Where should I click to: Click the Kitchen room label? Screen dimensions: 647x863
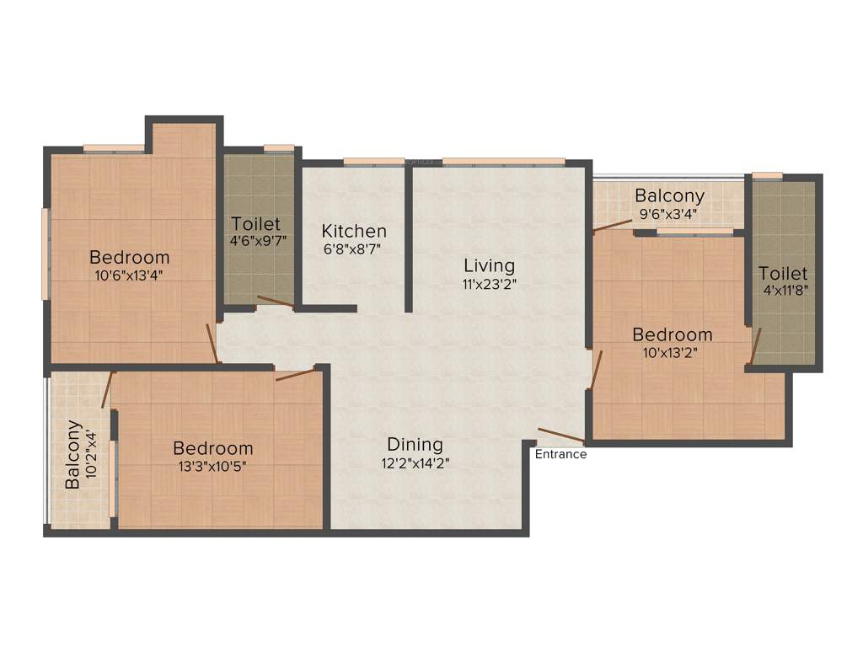(x=354, y=231)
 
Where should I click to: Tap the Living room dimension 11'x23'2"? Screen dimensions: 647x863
(x=489, y=284)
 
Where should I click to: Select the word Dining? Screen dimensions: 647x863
(x=415, y=444)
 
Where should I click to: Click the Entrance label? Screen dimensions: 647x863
(x=561, y=454)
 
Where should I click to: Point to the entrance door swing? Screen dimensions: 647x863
(x=561, y=435)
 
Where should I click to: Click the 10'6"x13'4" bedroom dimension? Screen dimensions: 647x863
(x=130, y=275)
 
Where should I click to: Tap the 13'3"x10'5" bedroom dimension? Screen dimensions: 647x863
(x=212, y=465)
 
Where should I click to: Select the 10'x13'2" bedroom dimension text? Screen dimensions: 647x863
(x=673, y=352)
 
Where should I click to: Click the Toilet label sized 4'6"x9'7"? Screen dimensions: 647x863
(x=255, y=224)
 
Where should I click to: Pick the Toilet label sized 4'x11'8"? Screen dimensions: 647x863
(x=782, y=274)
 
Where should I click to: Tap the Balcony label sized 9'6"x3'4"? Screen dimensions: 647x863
(x=670, y=197)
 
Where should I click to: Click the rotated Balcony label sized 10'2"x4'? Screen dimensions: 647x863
(x=73, y=454)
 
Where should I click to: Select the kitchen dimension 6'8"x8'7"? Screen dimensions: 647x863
(x=354, y=249)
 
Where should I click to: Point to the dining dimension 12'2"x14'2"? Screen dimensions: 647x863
(x=415, y=462)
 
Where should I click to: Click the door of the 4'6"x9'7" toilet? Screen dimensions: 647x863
(x=276, y=302)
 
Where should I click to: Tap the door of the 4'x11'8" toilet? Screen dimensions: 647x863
(x=755, y=345)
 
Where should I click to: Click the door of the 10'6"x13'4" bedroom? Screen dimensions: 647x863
(x=213, y=343)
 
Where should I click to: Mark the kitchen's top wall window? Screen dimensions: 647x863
(x=373, y=162)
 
